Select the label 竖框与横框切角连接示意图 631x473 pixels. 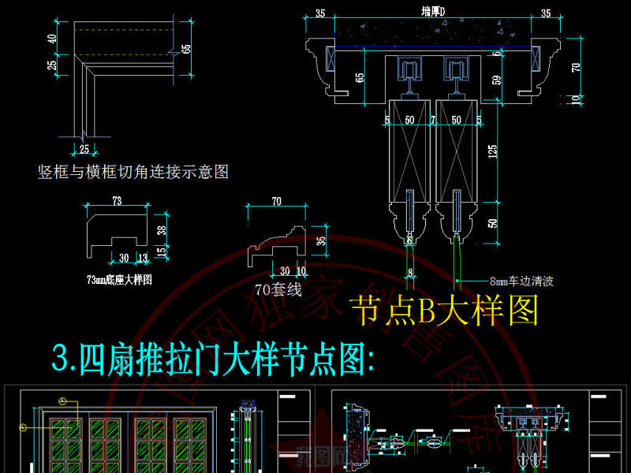click(x=133, y=172)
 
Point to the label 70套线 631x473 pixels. click(x=278, y=289)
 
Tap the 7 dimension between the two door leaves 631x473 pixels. click(x=434, y=120)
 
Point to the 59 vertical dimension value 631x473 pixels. click(x=496, y=79)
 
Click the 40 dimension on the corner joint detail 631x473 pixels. click(x=52, y=38)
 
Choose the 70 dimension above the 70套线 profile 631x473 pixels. click(x=277, y=202)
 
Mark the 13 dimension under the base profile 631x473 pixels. click(x=142, y=257)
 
